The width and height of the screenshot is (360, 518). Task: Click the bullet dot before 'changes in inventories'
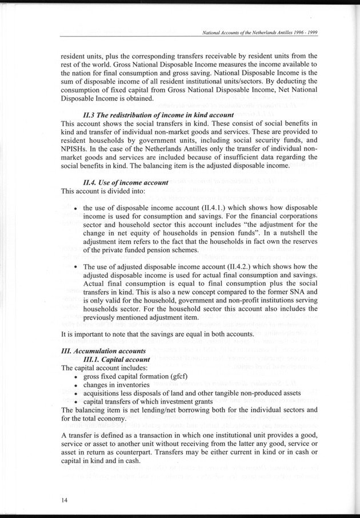click(x=77, y=386)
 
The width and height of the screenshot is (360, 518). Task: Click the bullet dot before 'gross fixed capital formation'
click(x=77, y=377)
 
